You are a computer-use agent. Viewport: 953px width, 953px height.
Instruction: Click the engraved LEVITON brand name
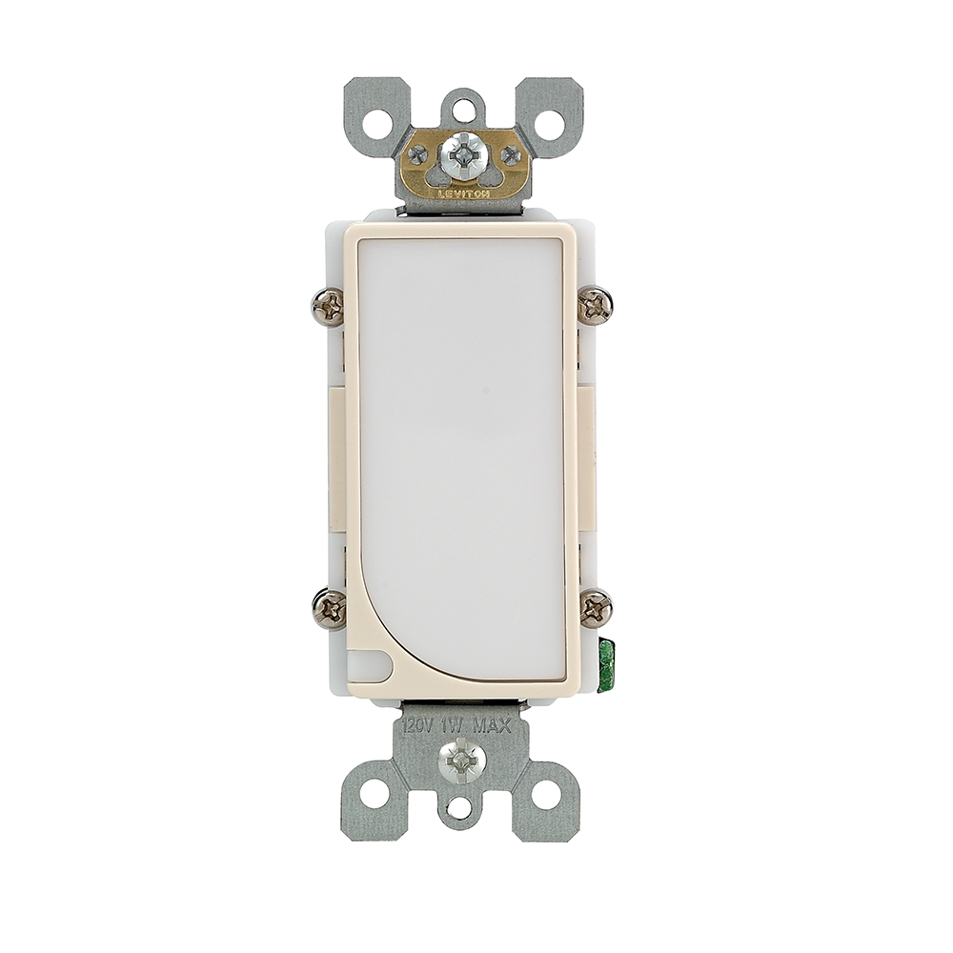[x=463, y=192]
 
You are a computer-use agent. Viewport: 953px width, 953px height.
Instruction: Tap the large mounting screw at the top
[x=463, y=153]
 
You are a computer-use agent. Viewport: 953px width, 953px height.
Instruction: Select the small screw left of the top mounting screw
[x=417, y=155]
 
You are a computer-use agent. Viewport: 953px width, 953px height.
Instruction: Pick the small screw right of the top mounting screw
[x=511, y=155]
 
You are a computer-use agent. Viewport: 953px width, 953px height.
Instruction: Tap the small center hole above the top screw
[x=463, y=112]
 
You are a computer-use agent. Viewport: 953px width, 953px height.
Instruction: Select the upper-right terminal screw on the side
[x=596, y=306]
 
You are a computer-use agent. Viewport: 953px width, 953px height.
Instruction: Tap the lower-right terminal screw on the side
[x=596, y=608]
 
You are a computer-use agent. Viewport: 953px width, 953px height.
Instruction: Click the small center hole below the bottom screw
[x=461, y=808]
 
